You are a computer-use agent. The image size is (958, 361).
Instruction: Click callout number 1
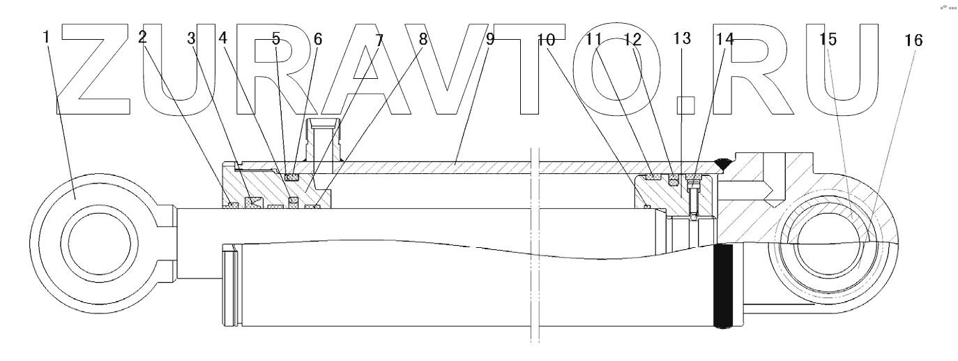tap(46, 36)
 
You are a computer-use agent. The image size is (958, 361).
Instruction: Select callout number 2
tap(143, 37)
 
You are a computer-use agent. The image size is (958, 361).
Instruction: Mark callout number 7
tap(379, 39)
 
